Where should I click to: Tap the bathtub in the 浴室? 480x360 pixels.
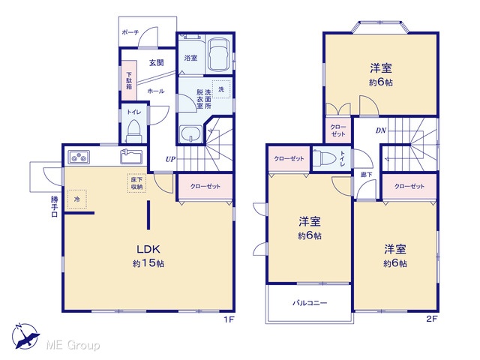click(x=218, y=54)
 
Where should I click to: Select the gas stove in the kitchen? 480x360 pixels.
click(x=79, y=157)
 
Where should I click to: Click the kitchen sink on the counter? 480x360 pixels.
click(x=132, y=157)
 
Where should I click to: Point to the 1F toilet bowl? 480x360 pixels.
click(x=133, y=130)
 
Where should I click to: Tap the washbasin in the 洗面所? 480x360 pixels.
click(x=191, y=133)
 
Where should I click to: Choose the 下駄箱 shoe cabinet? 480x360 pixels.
click(x=129, y=80)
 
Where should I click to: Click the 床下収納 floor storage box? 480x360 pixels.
click(x=136, y=183)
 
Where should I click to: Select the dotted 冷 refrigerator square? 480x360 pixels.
click(x=76, y=199)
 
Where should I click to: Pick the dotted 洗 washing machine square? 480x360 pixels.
click(x=221, y=89)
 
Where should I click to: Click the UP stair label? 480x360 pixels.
click(x=170, y=159)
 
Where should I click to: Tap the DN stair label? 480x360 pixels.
click(x=381, y=130)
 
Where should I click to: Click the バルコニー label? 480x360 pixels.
click(x=310, y=303)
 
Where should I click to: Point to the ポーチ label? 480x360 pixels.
click(x=130, y=31)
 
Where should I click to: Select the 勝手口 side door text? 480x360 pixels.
click(x=54, y=207)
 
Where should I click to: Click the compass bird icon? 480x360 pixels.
click(x=25, y=337)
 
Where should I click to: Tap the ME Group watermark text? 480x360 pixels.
click(x=73, y=345)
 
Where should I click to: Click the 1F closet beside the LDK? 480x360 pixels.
click(x=205, y=187)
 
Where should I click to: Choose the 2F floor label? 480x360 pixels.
click(x=432, y=319)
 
